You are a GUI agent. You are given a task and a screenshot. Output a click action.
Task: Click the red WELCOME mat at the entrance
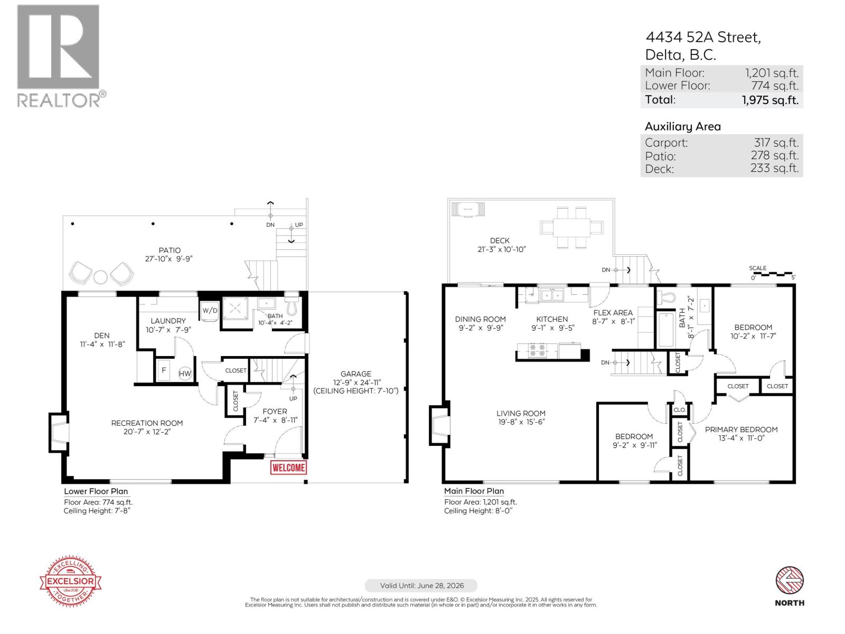[x=288, y=468]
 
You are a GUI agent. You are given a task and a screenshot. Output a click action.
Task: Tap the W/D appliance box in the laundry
[x=210, y=311]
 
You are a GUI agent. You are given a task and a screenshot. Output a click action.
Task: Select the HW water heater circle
[x=185, y=374]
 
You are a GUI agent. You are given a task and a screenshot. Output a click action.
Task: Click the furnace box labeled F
[x=164, y=370]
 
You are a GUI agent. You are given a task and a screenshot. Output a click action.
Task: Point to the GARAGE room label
[x=355, y=374]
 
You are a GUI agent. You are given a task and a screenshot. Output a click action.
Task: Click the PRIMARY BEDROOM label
[x=741, y=430]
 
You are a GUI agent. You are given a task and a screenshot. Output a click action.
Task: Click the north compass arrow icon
[x=790, y=581]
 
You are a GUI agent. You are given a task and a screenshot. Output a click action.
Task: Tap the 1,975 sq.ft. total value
[x=770, y=100]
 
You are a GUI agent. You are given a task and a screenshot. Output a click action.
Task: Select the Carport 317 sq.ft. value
[x=776, y=143]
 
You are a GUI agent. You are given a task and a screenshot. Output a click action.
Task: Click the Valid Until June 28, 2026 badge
[x=421, y=585]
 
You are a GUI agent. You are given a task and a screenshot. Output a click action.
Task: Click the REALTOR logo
[x=58, y=55]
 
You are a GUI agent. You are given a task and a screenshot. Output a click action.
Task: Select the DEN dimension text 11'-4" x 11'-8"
[x=102, y=344]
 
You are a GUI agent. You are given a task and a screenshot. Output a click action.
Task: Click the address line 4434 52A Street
[x=703, y=37]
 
